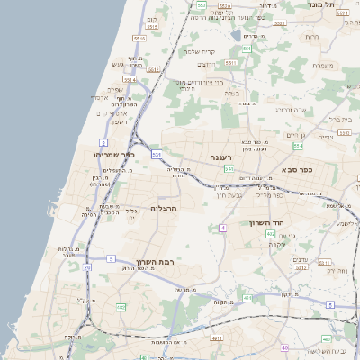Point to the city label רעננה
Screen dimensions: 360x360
coord(221,157)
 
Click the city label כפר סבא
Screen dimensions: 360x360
coord(297,169)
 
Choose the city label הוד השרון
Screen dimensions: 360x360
coord(267,221)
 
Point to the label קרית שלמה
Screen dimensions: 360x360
coord(202,51)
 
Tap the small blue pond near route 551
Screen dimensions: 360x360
coord(235,35)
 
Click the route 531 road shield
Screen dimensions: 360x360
coord(157,155)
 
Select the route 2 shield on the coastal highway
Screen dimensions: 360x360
coord(103,143)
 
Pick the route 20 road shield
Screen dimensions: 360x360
coord(86,267)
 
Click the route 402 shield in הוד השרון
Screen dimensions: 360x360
coord(271,234)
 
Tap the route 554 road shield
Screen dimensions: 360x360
coord(298,145)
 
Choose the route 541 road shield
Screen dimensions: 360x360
coord(229,169)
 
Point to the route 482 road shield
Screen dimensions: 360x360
coord(121,307)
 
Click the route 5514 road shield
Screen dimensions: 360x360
coord(139,40)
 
